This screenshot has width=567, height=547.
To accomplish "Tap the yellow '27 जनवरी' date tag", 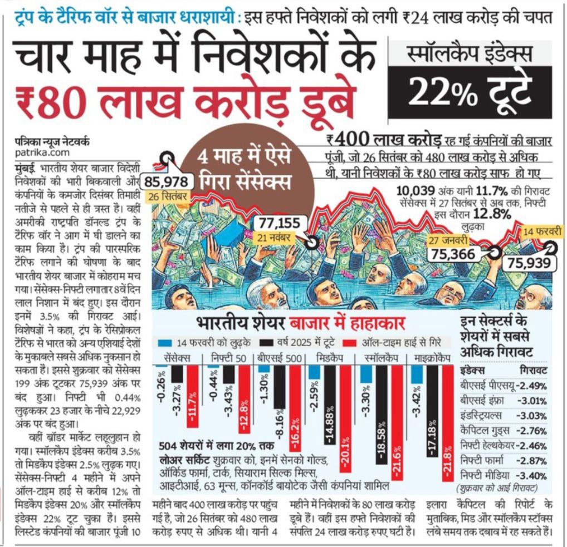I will click(449, 240).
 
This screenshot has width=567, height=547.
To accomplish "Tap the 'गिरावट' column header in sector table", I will click(532, 371).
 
